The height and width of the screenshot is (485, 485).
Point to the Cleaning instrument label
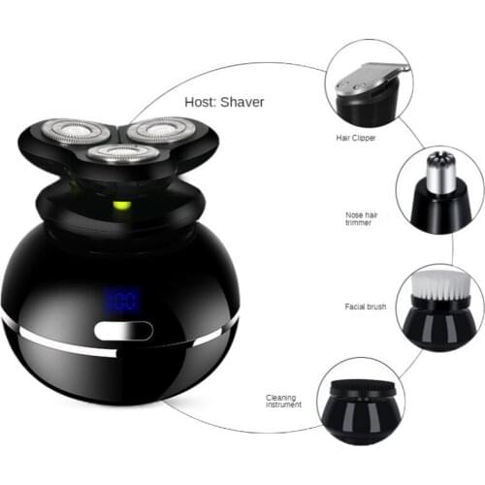click(x=284, y=400)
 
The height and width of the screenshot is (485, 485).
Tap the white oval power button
click(x=124, y=332)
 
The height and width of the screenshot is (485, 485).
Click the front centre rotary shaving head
click(x=119, y=153)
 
